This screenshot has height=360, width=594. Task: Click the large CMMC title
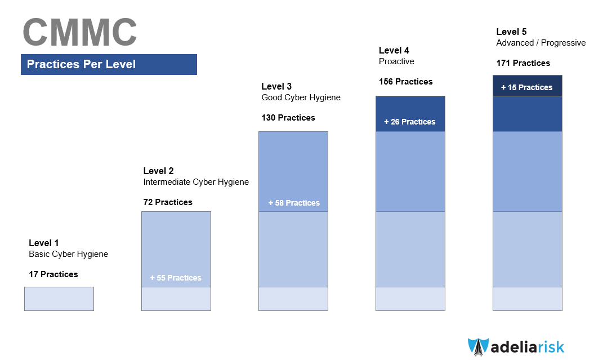pyautogui.click(x=80, y=33)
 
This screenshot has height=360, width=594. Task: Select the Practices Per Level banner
pyautogui.click(x=109, y=64)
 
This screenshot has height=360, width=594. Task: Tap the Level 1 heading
pyautogui.click(x=43, y=243)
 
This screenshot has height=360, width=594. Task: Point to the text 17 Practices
pyautogui.click(x=53, y=274)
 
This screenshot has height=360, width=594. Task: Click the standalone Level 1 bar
pyautogui.click(x=59, y=299)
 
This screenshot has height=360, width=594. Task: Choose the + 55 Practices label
pyautogui.click(x=176, y=278)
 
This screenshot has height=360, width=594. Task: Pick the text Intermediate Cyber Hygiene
pyautogui.click(x=196, y=182)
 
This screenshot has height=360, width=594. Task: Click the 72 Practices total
pyautogui.click(x=168, y=202)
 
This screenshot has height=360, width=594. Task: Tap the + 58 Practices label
pyautogui.click(x=294, y=203)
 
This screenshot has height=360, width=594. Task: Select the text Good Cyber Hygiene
pyautogui.click(x=301, y=97)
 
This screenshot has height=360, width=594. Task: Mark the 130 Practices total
pyautogui.click(x=288, y=118)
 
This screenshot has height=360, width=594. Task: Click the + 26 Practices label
pyautogui.click(x=410, y=122)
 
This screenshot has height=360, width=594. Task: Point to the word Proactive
pyautogui.click(x=396, y=61)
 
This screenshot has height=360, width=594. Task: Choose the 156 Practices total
pyautogui.click(x=406, y=82)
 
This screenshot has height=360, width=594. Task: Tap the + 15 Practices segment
pyautogui.click(x=528, y=86)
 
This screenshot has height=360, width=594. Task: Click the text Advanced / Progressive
pyautogui.click(x=541, y=43)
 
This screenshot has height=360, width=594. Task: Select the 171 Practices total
pyautogui.click(x=523, y=63)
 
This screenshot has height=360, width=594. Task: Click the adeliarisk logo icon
pyautogui.click(x=479, y=346)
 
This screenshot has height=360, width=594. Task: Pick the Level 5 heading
pyautogui.click(x=511, y=32)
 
